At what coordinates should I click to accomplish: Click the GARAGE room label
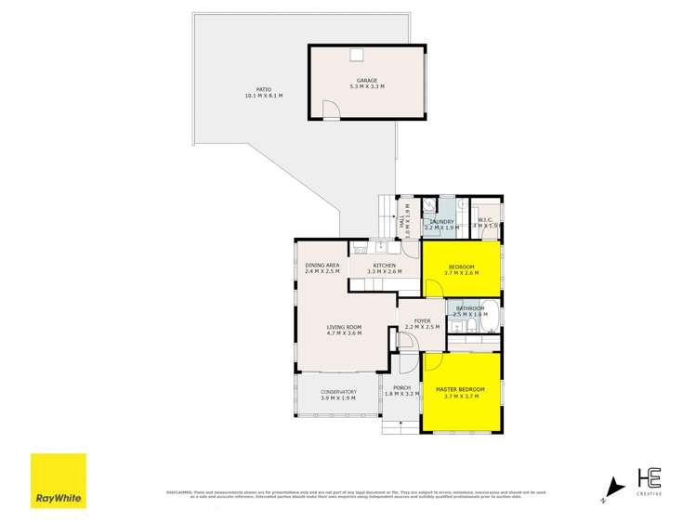pyautogui.click(x=366, y=80)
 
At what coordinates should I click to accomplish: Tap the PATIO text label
pyautogui.click(x=264, y=89)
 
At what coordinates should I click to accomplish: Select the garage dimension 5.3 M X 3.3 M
pyautogui.click(x=366, y=86)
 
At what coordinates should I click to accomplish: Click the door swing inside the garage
pyautogui.click(x=331, y=111)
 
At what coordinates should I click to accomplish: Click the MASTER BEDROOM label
pyautogui.click(x=460, y=388)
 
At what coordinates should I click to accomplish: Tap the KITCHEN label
pyautogui.click(x=385, y=267)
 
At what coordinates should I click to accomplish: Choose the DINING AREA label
pyautogui.click(x=322, y=267)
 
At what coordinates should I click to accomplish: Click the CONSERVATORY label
pyautogui.click(x=338, y=392)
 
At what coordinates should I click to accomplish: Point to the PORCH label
pyautogui.click(x=401, y=387)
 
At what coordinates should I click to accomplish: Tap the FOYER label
pyautogui.click(x=422, y=320)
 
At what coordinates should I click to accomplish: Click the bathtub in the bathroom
pyautogui.click(x=492, y=317)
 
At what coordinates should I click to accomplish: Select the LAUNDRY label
pyautogui.click(x=440, y=222)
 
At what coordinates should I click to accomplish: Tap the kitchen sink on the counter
pyautogui.click(x=380, y=248)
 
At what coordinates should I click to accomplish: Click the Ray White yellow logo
pyautogui.click(x=58, y=480)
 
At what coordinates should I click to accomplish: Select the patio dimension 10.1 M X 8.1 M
pyautogui.click(x=264, y=96)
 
